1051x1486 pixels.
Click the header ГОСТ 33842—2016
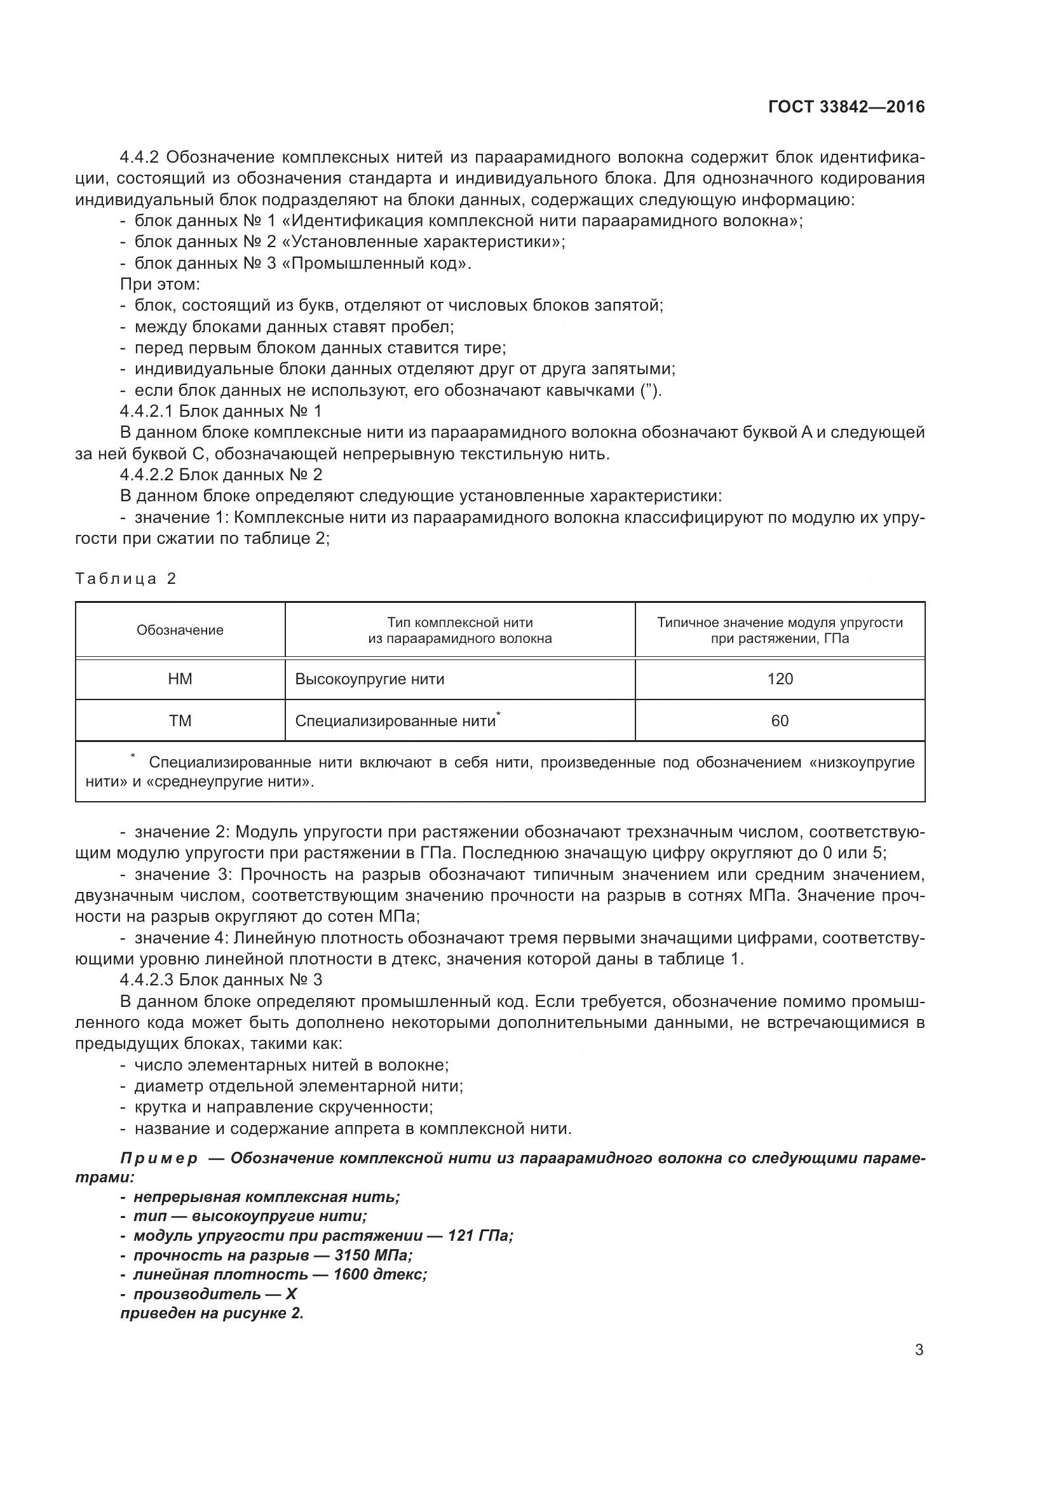click(846, 107)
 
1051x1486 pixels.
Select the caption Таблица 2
click(126, 579)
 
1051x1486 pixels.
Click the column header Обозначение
click(180, 630)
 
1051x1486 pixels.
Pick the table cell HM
click(180, 679)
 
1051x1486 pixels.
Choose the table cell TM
click(180, 721)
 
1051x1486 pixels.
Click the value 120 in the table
click(780, 679)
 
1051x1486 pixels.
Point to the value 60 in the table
click(780, 721)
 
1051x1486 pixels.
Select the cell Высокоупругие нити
click(370, 679)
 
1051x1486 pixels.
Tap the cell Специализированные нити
click(395, 721)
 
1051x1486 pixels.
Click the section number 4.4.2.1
click(146, 412)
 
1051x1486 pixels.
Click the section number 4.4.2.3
click(146, 980)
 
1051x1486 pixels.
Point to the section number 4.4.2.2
click(146, 475)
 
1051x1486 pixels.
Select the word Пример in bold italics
click(159, 1158)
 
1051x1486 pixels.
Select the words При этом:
click(161, 284)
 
